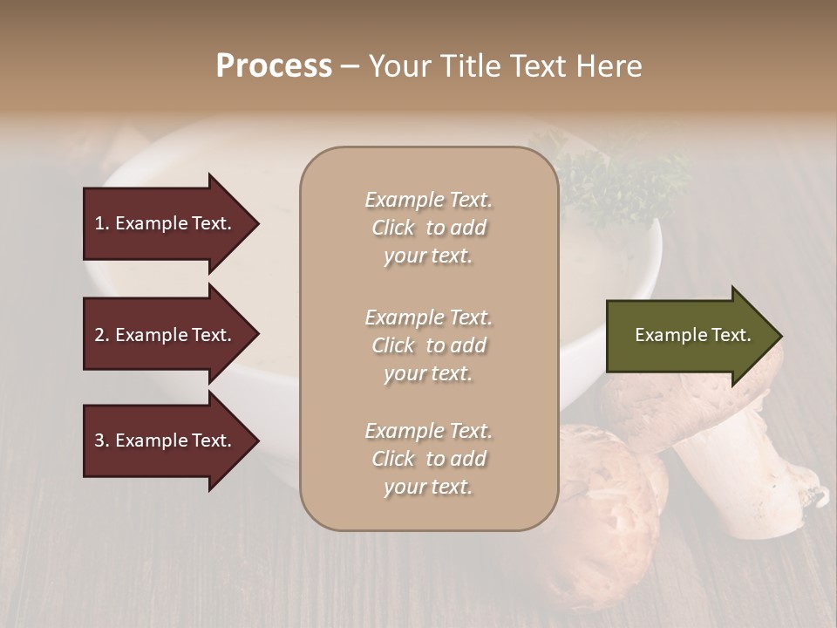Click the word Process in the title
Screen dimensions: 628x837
tap(274, 66)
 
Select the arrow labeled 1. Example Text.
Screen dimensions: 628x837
tap(166, 223)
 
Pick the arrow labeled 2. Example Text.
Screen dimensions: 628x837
tap(166, 335)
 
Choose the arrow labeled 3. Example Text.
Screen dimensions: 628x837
tap(166, 440)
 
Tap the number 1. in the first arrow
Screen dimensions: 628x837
tap(101, 223)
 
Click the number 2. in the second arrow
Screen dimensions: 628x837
tap(101, 335)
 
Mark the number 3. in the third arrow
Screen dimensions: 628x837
tap(101, 440)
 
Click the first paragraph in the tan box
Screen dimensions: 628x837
tap(428, 228)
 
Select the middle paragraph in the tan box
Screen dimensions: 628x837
tap(428, 345)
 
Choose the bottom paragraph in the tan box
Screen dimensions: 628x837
tap(428, 459)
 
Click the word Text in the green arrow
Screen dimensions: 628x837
tap(732, 335)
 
